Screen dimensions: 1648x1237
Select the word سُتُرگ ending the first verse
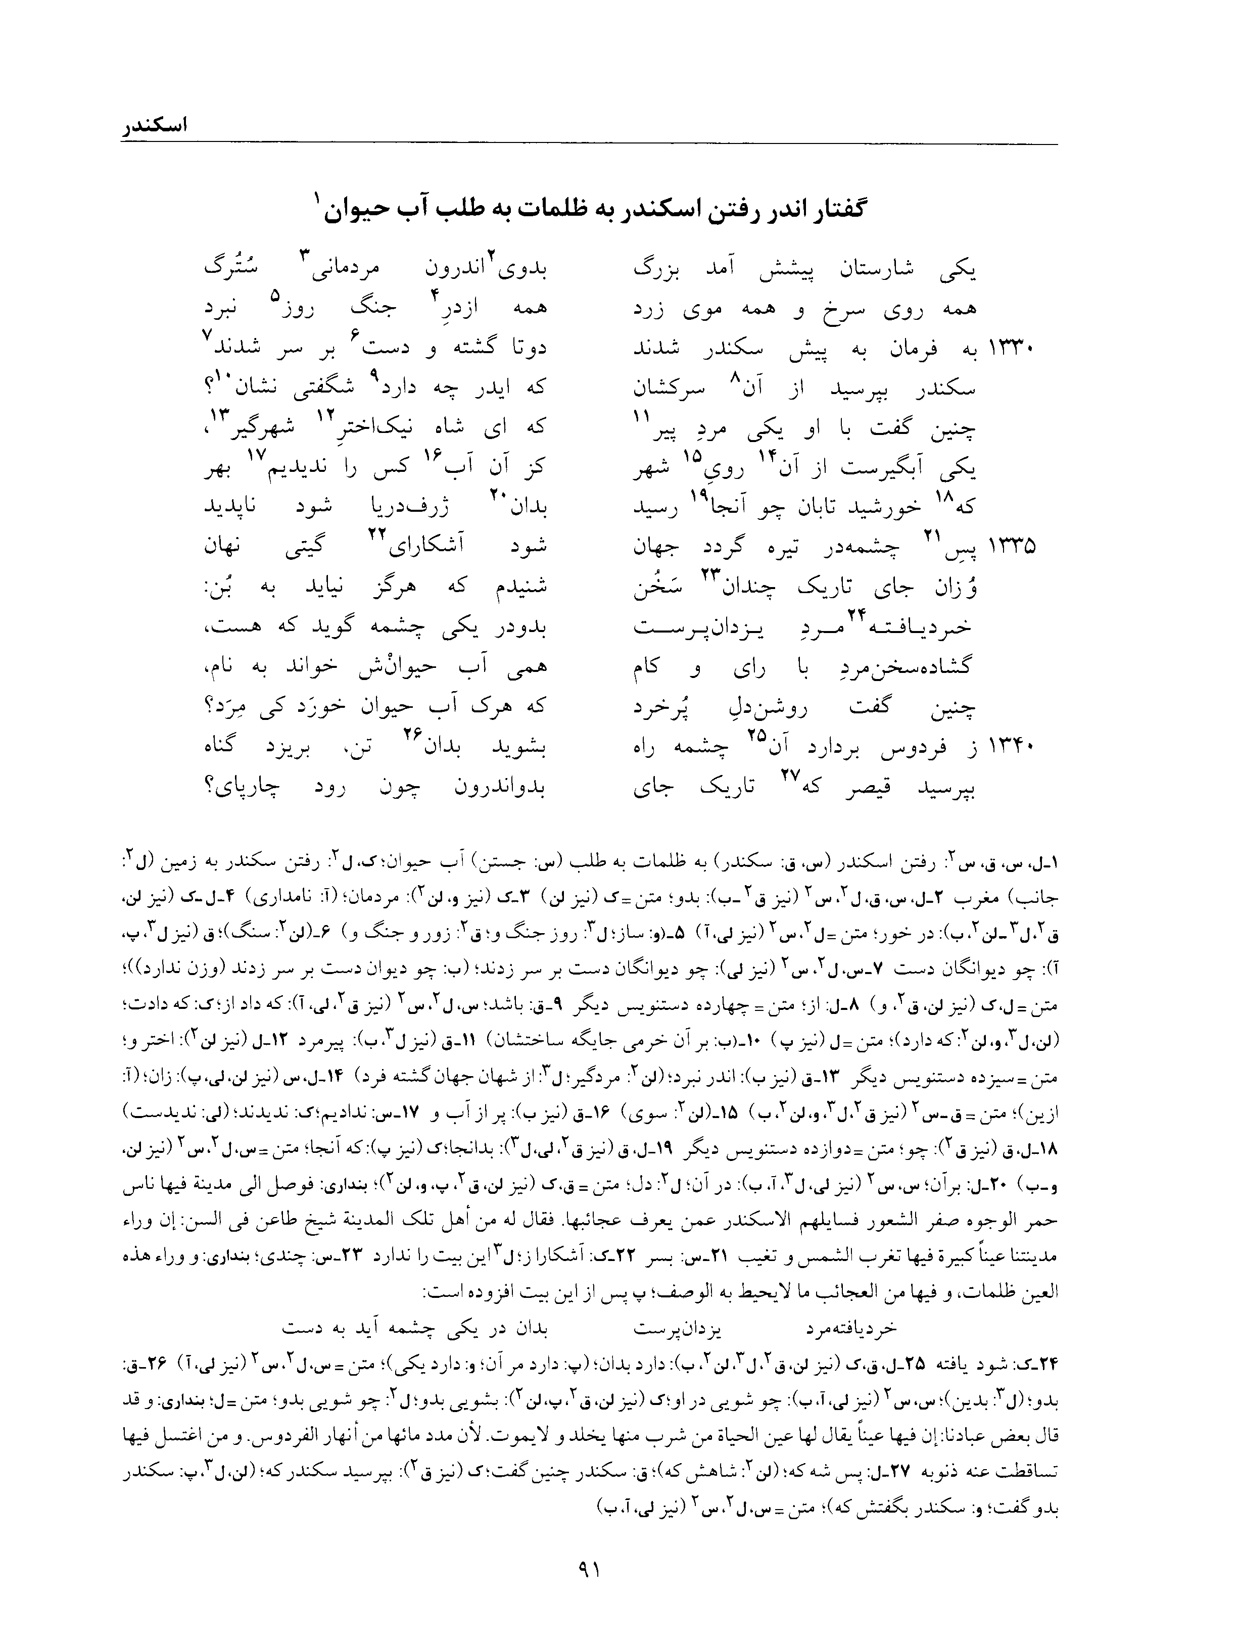pyautogui.click(x=227, y=268)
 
